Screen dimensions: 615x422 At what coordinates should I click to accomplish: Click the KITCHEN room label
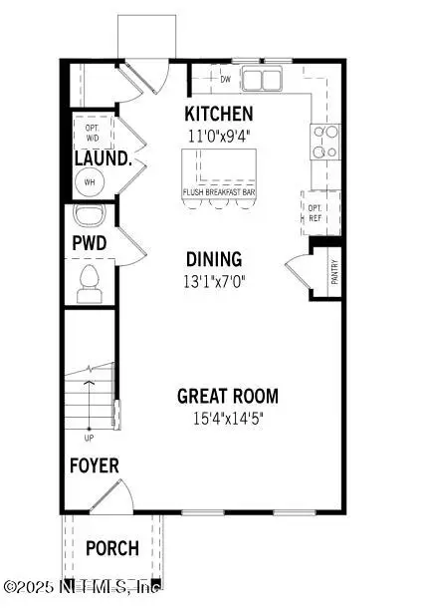(x=219, y=114)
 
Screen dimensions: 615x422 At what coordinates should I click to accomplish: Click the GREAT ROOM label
(x=228, y=396)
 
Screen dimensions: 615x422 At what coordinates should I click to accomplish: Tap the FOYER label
(x=94, y=465)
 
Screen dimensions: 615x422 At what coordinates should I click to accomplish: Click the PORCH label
(x=110, y=548)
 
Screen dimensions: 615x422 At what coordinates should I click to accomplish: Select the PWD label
(x=88, y=243)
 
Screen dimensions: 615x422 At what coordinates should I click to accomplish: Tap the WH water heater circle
(x=88, y=182)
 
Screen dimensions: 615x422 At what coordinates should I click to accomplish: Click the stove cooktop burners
(x=323, y=142)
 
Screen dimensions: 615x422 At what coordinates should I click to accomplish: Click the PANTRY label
(x=334, y=272)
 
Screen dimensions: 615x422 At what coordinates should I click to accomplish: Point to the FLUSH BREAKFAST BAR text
(x=218, y=192)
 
